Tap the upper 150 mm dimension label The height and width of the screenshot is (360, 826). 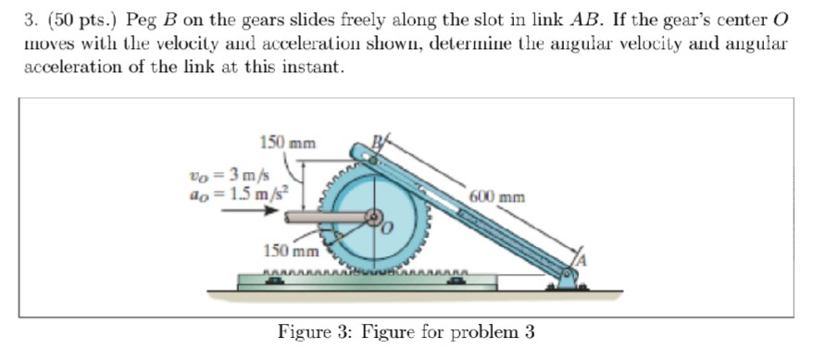click(287, 143)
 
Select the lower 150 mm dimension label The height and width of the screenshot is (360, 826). click(291, 251)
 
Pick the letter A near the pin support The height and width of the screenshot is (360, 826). click(581, 261)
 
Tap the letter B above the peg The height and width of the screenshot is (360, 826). click(376, 142)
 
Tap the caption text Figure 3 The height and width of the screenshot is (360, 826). click(314, 331)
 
